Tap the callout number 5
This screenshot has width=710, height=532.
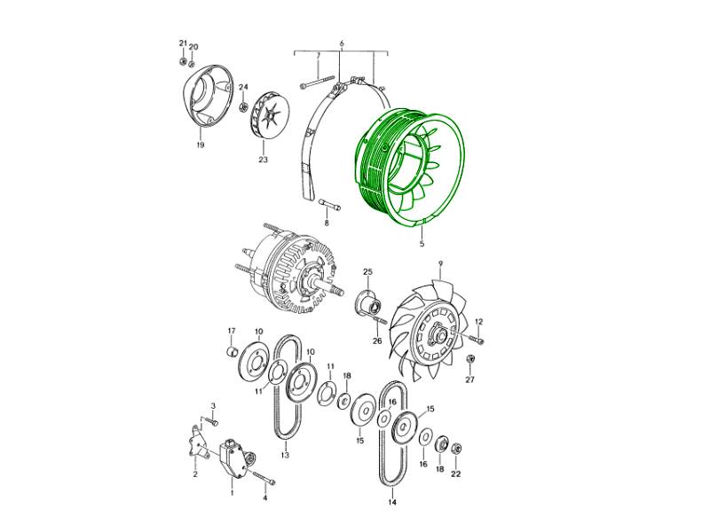click(x=422, y=245)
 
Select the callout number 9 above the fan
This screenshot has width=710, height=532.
click(x=440, y=263)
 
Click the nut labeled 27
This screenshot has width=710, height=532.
click(x=470, y=359)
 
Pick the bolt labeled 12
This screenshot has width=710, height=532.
click(x=477, y=339)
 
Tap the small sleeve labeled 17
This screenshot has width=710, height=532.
click(x=232, y=351)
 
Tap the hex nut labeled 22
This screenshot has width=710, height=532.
click(x=457, y=449)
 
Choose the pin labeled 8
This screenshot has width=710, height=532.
click(x=330, y=205)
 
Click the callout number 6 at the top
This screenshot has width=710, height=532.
click(x=342, y=43)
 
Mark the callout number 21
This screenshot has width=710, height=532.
click(x=183, y=43)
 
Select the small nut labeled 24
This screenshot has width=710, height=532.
click(x=243, y=107)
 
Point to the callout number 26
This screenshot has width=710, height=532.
click(x=377, y=341)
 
